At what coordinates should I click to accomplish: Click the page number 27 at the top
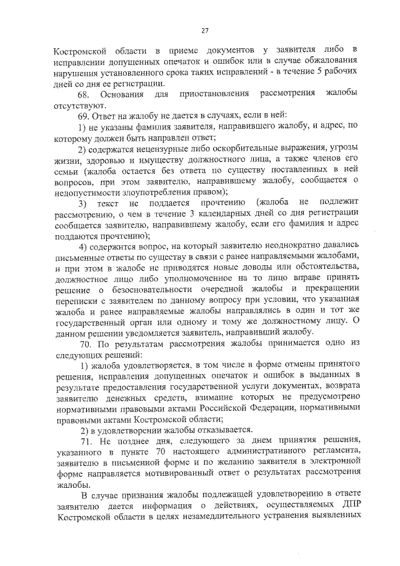pyautogui.click(x=204, y=31)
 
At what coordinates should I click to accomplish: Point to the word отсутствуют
pyautogui.click(x=72, y=104)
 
